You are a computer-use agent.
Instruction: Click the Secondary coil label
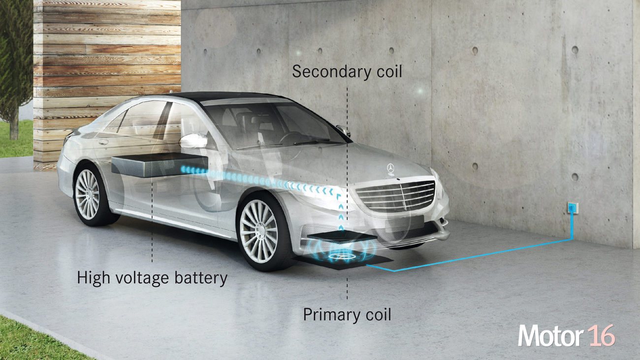pos(347,71)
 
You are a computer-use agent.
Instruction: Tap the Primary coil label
pos(347,315)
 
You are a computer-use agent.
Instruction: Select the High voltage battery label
pos(152,278)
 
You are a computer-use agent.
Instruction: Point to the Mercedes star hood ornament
pos(390,168)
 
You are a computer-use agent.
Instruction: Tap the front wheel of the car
pos(261,231)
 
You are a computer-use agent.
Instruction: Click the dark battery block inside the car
pos(160,164)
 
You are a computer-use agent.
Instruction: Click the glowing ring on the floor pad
pos(342,256)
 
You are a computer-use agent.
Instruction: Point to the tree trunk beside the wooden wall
pos(14,126)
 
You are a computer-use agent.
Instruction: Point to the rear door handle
pos(103,142)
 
